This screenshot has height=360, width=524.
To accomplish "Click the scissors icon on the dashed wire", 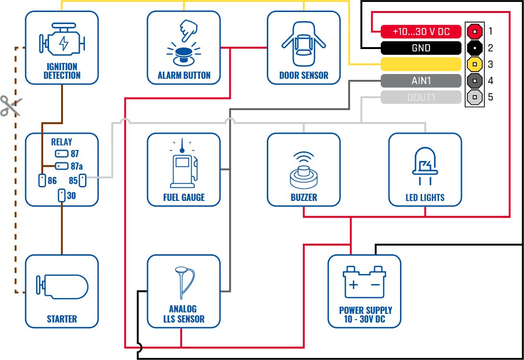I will (11, 106).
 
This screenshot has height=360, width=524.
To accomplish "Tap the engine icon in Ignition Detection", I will (62, 42).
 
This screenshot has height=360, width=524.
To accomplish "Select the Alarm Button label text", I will (184, 75).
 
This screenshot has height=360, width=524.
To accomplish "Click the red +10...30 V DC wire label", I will (421, 32).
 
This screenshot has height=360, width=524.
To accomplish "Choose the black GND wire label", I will (421, 48).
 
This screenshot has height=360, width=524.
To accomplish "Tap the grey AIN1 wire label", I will (421, 81).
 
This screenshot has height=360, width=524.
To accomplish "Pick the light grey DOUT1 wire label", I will (421, 98).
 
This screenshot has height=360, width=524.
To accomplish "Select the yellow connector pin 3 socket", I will (474, 64).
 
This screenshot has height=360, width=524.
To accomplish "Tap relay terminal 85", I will (82, 181).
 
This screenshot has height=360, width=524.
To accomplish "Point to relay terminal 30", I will (62, 196).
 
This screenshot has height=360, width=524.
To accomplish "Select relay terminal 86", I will (41, 181).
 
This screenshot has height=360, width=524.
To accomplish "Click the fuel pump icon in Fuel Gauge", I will (183, 166).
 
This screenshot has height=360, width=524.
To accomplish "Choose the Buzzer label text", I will (304, 198).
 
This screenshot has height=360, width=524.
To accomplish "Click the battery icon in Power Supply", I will (364, 284).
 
